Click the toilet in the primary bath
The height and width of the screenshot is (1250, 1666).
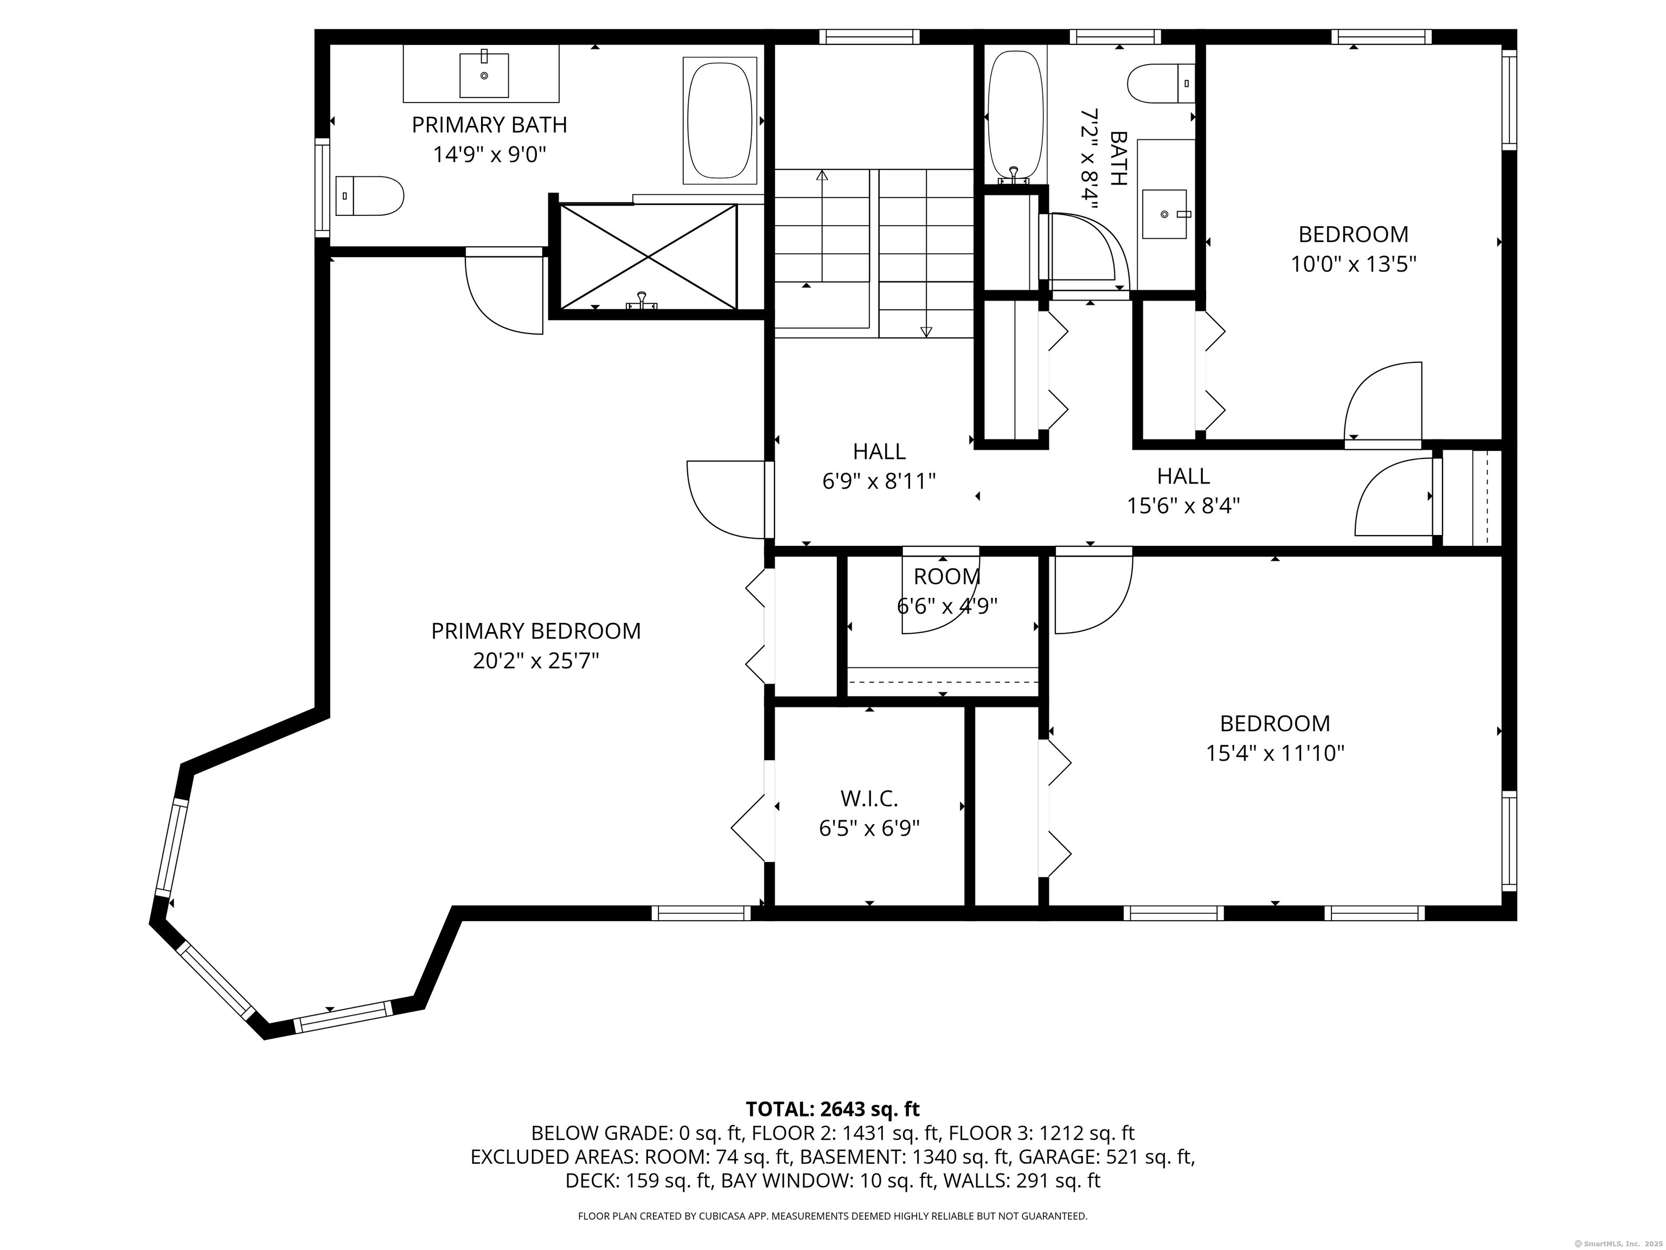point(369,196)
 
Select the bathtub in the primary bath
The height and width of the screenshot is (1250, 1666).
point(720,120)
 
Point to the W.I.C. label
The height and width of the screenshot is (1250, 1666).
point(869,798)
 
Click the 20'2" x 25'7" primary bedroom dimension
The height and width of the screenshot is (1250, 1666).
point(535,661)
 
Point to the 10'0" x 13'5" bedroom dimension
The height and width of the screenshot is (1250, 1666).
point(1354,264)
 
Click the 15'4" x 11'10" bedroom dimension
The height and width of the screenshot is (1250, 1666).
point(1275,754)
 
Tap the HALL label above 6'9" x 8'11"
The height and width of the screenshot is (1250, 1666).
point(879,451)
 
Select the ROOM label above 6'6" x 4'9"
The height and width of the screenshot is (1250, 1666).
point(947,576)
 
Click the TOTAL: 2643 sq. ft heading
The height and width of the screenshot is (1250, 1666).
point(832,1109)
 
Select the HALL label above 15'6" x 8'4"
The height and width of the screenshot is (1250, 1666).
point(1183,475)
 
